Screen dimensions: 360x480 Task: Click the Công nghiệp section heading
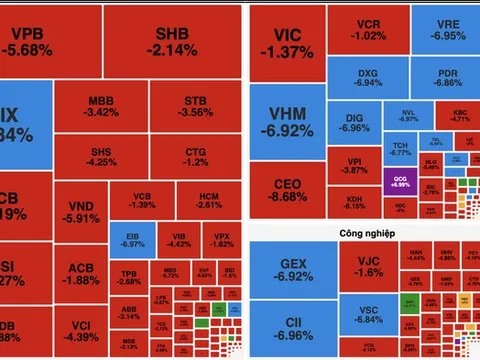365,231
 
